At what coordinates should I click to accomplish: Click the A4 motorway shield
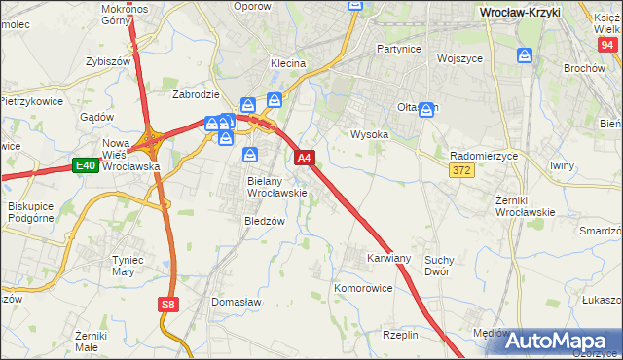click(x=304, y=158)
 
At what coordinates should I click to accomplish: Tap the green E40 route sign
click(x=85, y=166)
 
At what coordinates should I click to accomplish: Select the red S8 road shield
click(x=168, y=305)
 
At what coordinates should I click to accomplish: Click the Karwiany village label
click(x=388, y=259)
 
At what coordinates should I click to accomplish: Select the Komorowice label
click(x=363, y=289)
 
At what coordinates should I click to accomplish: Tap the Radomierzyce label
click(x=484, y=156)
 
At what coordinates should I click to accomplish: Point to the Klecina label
click(x=288, y=63)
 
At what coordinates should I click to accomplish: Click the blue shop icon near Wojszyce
click(x=525, y=56)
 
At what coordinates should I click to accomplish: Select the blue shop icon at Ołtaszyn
click(x=426, y=111)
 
